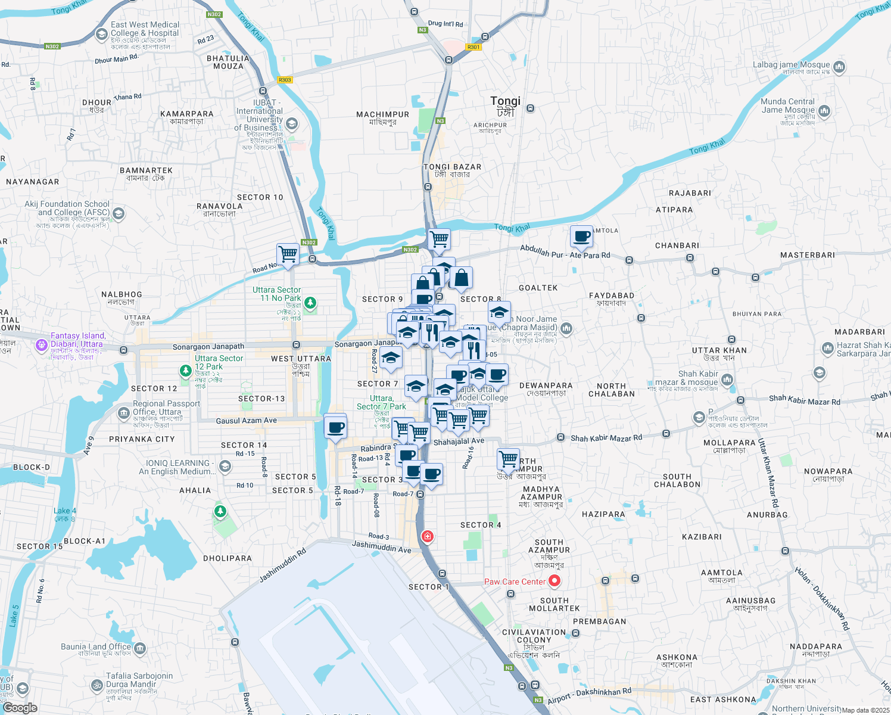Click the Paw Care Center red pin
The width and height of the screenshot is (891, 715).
554,581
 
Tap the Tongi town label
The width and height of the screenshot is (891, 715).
505,101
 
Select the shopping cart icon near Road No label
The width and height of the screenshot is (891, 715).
288,254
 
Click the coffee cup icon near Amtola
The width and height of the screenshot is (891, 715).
581,237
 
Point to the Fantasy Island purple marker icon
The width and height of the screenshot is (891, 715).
41,344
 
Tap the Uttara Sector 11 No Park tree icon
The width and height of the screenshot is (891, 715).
310,303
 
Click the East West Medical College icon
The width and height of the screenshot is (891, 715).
101,34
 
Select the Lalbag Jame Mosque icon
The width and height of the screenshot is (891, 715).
839,67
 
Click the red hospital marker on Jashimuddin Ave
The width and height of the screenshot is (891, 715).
427,536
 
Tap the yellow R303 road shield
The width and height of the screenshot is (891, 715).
285,80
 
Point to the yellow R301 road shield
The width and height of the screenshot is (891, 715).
473,47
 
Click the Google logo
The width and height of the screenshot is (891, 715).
20,707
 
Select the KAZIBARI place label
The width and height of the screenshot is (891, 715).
702,537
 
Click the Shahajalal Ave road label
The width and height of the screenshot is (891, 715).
459,442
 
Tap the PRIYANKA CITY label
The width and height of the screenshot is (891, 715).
142,439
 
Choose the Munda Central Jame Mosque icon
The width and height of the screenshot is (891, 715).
824,110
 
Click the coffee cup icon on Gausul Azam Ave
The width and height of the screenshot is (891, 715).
335,427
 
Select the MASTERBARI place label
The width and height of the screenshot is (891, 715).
807,255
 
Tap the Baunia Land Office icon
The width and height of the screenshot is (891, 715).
140,648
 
